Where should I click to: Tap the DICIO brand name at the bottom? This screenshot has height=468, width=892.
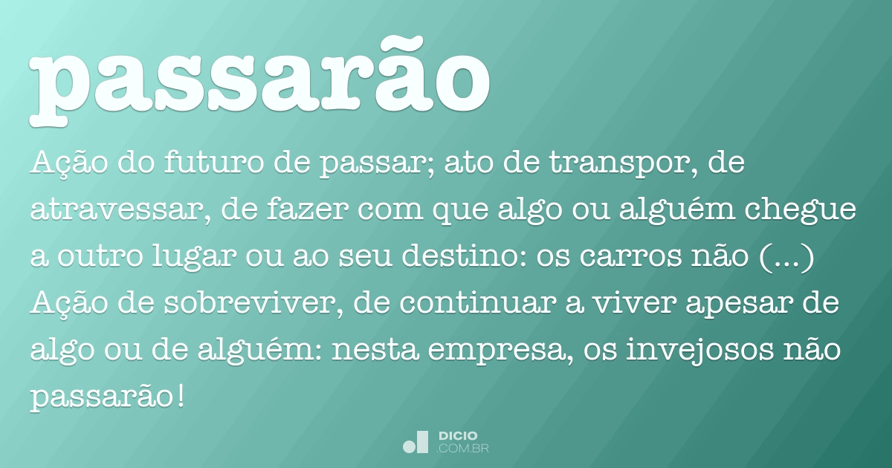(458, 436)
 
